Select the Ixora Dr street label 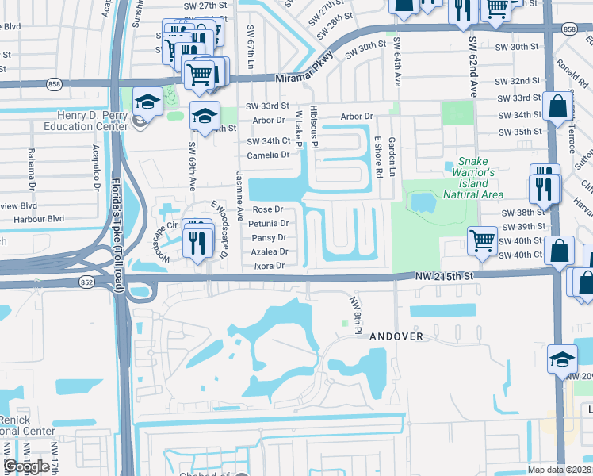268,266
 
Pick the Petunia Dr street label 268,224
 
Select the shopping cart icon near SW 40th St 482,239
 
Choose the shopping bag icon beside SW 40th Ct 560,250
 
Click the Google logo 26,466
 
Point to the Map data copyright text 560,469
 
